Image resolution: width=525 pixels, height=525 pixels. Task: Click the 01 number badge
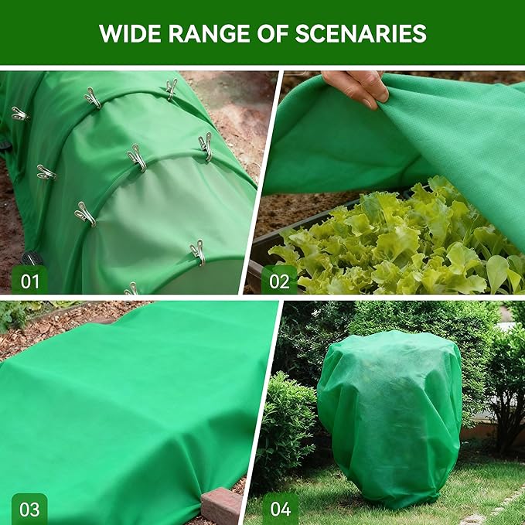click(29, 280)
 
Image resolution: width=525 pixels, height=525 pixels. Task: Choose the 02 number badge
click(279, 280)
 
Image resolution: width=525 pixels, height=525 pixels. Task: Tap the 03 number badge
click(29, 509)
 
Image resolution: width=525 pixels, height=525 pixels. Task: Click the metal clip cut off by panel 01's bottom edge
click(132, 289)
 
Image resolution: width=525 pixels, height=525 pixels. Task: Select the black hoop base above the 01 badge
click(31, 258)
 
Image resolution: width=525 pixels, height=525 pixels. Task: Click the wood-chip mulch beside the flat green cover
click(46, 332)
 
